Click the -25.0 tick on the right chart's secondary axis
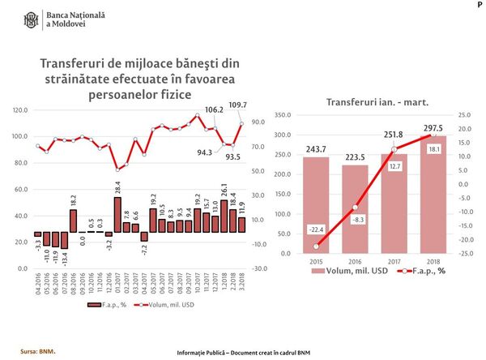(x=464, y=254)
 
